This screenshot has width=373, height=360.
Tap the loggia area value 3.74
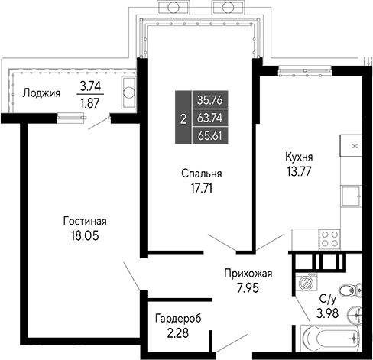[x=91, y=87]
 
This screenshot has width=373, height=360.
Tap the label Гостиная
[x=84, y=222]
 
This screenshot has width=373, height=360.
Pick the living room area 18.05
[x=84, y=235]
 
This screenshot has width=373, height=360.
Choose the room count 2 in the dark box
[x=182, y=118]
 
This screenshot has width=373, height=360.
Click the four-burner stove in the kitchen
[x=329, y=238]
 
